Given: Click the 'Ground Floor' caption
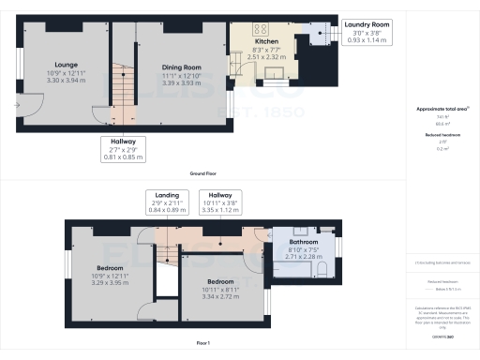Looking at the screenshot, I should pyautogui.click(x=205, y=174).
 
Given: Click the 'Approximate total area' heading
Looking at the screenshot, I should pyautogui.click(x=442, y=109).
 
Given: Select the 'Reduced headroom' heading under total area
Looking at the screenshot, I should pyautogui.click(x=442, y=134).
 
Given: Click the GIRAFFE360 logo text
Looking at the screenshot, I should pyautogui.click(x=442, y=335).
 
